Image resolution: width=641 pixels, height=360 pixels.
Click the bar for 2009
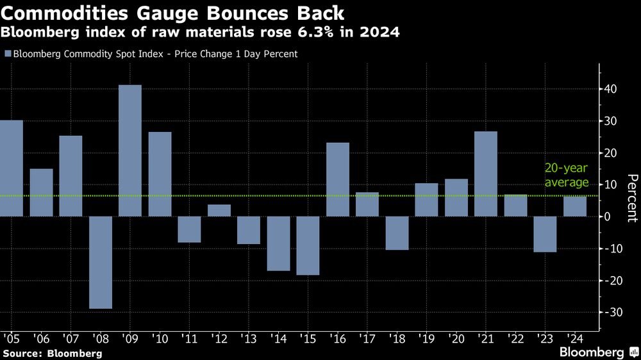130,151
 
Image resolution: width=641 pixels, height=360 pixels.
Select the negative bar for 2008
101,263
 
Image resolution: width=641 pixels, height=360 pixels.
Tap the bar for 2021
486,174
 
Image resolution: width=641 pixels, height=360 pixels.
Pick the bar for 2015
308,245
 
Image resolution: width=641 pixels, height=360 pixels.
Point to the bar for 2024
574,206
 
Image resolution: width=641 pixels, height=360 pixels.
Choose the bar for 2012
219,211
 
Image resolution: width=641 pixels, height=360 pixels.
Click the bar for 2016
338,179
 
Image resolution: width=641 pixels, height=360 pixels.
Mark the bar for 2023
545,234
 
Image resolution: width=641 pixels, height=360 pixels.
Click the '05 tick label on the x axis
11,337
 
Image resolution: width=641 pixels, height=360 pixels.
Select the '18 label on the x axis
396,337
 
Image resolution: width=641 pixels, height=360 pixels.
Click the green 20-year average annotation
566,176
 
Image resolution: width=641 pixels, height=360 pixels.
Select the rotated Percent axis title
631,197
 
